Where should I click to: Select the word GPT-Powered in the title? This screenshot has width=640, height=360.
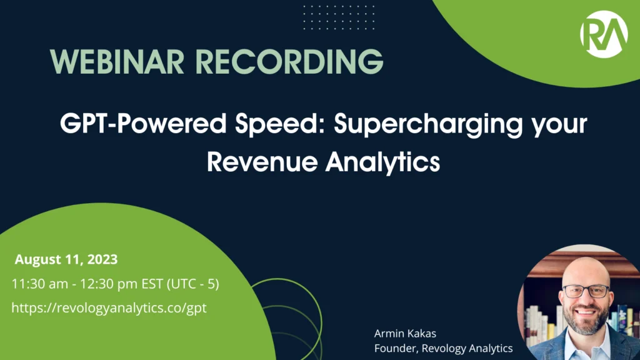132,124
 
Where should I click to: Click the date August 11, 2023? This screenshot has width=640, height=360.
66,259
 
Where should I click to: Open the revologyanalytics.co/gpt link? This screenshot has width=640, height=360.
109,307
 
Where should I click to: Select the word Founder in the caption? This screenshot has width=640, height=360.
394,348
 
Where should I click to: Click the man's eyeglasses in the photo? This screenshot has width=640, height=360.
586,291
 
